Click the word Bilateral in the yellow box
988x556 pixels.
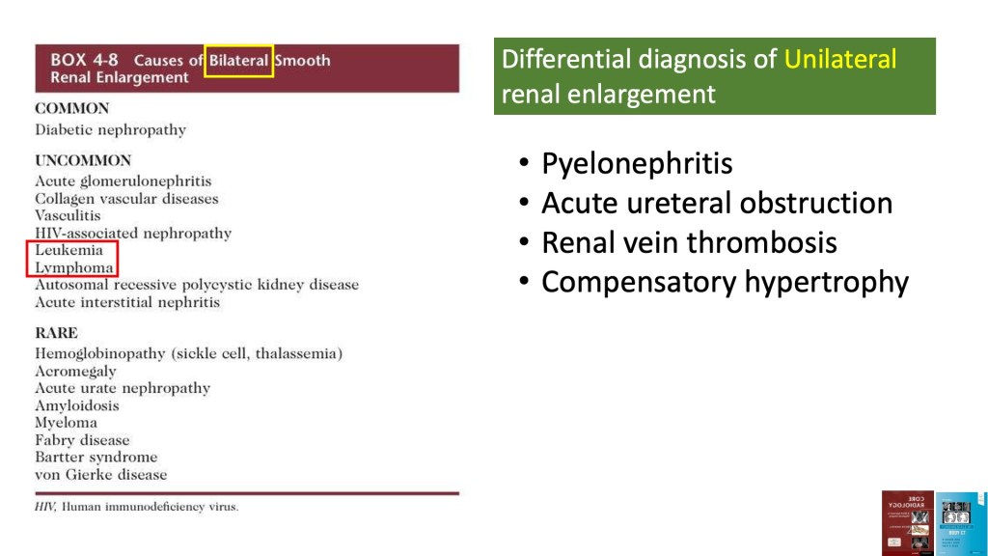[239, 61]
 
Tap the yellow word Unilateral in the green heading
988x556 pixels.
[840, 59]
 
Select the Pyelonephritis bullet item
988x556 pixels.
[637, 164]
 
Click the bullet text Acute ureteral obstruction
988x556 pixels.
[717, 203]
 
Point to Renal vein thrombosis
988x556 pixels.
[689, 242]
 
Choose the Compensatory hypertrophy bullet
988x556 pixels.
[726, 283]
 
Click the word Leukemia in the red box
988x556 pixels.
[69, 250]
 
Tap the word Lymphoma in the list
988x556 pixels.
[74, 268]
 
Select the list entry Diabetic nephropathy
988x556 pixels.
[111, 130]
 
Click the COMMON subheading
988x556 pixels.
[72, 108]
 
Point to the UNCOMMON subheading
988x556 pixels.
[83, 161]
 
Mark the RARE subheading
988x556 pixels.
[57, 333]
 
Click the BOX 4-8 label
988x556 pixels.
[85, 60]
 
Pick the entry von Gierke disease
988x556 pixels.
[101, 475]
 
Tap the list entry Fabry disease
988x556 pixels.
[83, 440]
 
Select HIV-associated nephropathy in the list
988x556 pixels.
[133, 234]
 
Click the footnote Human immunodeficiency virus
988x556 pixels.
[150, 507]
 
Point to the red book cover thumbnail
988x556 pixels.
[908, 523]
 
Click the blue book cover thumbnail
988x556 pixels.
[960, 524]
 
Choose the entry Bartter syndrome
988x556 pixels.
[96, 457]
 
